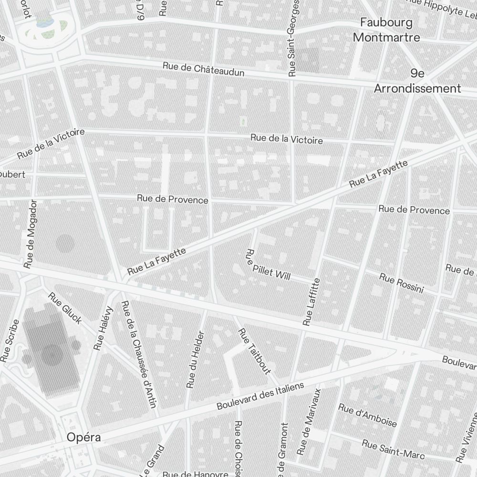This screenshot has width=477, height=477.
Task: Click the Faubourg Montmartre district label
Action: tap(386, 30)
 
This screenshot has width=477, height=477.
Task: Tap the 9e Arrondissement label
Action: tap(417, 81)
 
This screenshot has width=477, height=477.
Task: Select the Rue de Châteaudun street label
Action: tap(204, 69)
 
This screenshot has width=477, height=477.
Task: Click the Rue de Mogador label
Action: tap(29, 233)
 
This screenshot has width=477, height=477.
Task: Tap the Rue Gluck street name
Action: tap(65, 308)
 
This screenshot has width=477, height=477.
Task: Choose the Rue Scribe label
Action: tap(10, 340)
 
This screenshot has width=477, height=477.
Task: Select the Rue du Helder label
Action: tap(196, 359)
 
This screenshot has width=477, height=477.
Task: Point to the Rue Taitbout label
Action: tap(254, 351)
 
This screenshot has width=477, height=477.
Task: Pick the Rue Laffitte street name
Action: tap(311, 301)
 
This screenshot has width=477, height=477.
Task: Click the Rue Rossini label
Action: tap(401, 283)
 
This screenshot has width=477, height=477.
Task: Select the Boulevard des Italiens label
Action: tap(260, 396)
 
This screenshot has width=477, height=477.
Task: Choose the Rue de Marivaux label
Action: tap(309, 421)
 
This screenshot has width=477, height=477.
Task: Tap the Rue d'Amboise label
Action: tap(367, 415)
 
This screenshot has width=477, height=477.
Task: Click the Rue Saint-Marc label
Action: tap(393, 449)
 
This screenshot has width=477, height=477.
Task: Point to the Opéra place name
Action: tap(84, 437)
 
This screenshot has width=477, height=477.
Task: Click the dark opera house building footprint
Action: tap(50, 353)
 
